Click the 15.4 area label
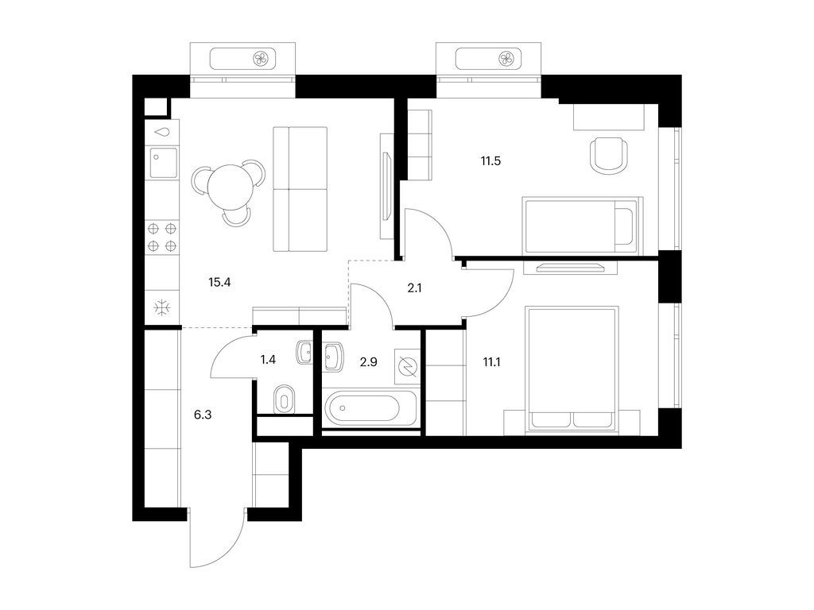(219, 282)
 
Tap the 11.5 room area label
(490, 160)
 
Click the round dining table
(229, 185)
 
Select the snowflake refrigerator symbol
(162, 307)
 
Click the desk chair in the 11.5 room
(607, 154)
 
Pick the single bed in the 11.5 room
(579, 225)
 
